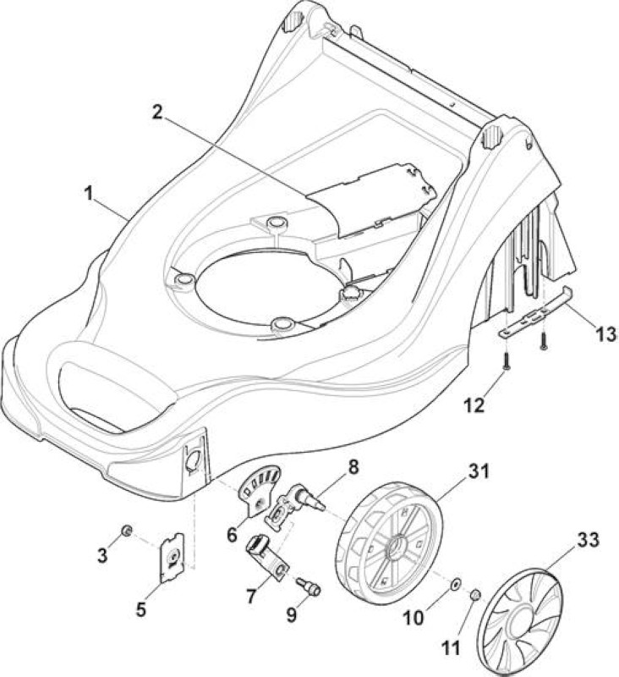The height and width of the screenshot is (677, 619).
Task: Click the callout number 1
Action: (x=89, y=194)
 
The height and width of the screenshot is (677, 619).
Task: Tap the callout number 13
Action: (x=606, y=334)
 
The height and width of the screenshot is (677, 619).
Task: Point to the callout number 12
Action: (x=474, y=405)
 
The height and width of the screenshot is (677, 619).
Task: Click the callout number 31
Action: (x=478, y=471)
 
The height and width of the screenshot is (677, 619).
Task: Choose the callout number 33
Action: (x=587, y=540)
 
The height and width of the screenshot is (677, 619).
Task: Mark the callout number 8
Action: (x=353, y=467)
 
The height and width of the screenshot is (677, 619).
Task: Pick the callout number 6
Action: (x=232, y=536)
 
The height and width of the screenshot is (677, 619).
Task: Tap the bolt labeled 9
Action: (x=309, y=586)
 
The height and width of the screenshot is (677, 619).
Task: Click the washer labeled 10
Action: (x=455, y=584)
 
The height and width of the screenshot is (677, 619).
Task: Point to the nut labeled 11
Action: (x=475, y=596)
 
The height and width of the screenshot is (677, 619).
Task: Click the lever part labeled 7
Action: (x=266, y=557)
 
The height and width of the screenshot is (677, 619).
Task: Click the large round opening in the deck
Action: (x=271, y=288)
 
